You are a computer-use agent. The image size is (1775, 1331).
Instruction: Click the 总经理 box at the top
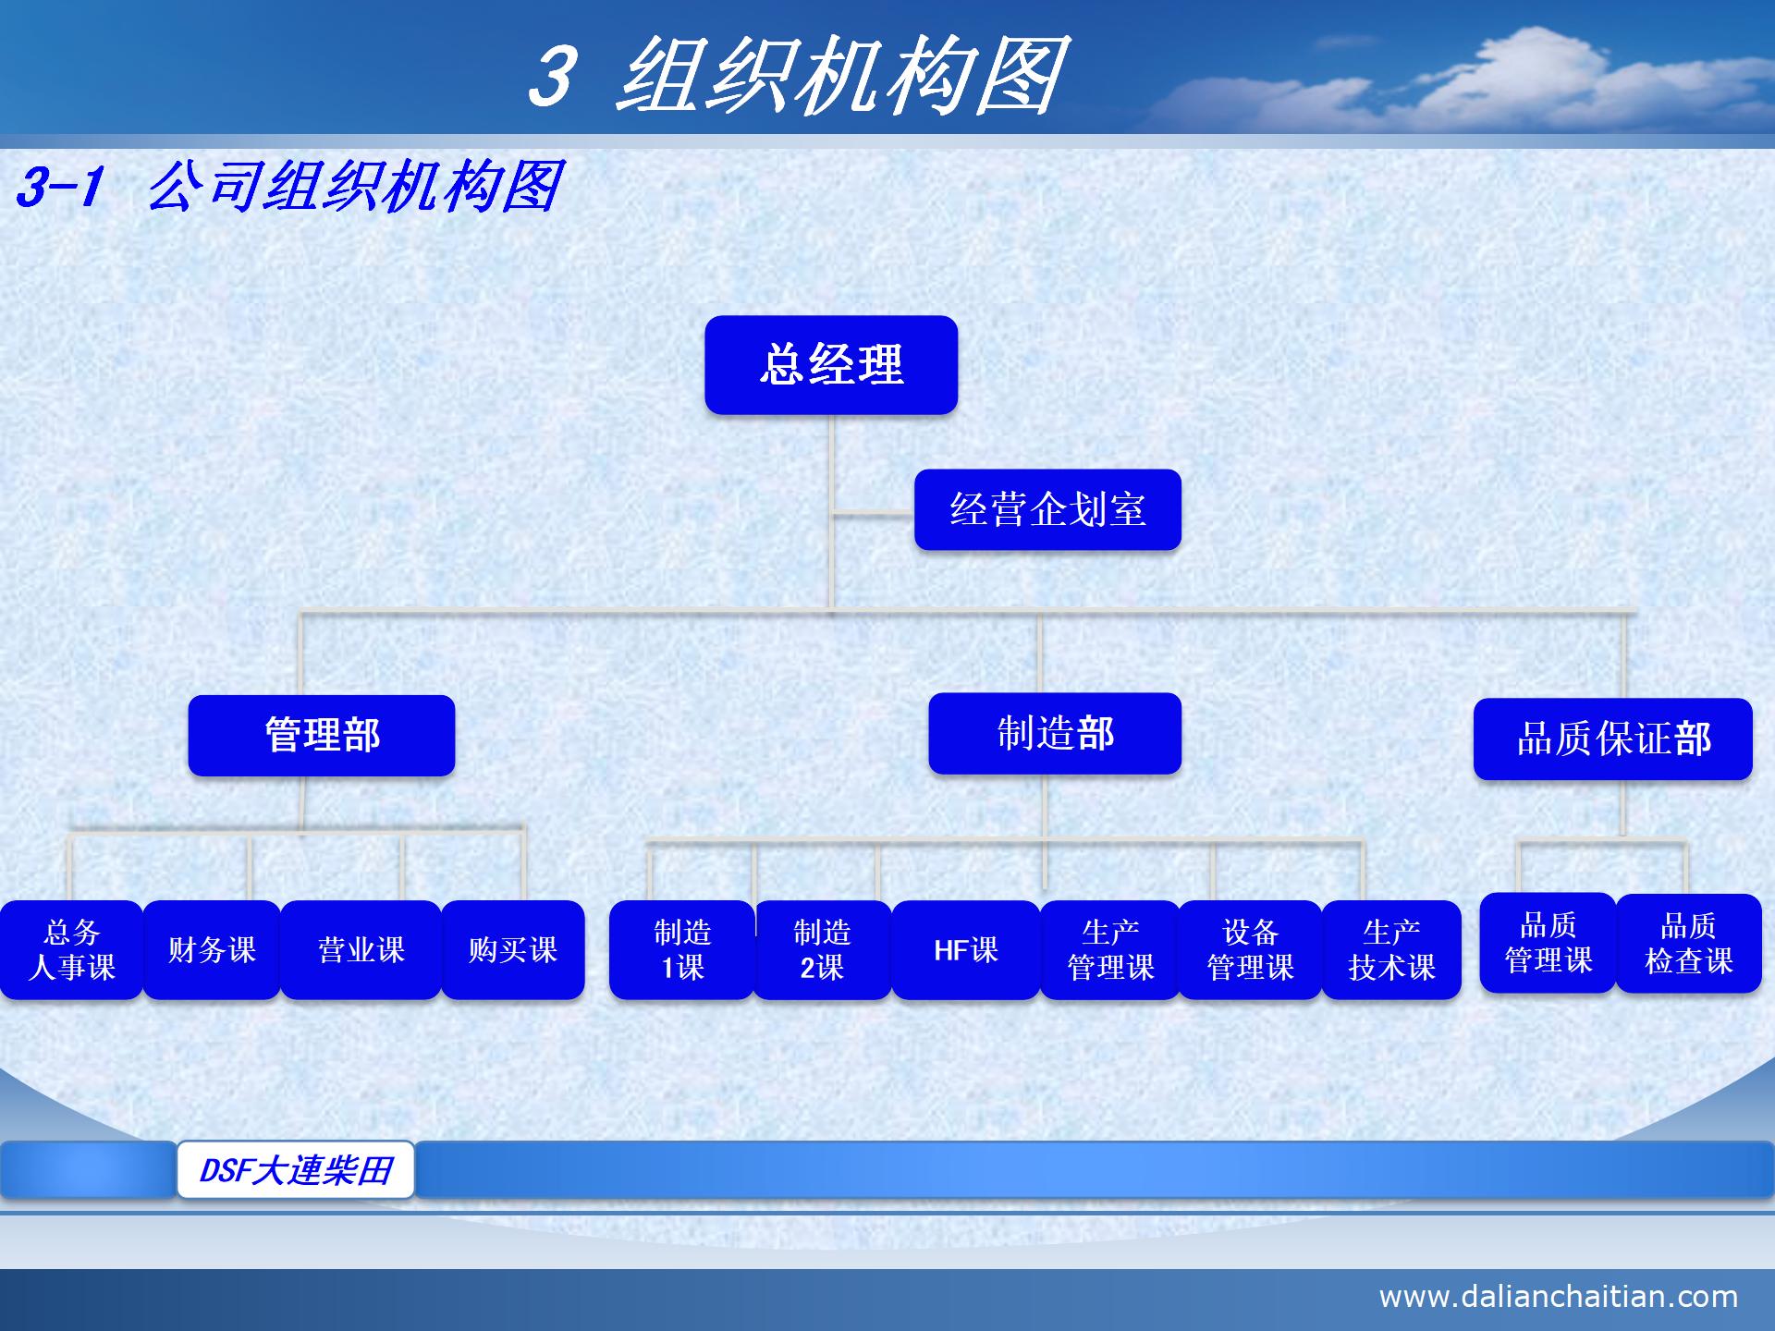click(x=830, y=364)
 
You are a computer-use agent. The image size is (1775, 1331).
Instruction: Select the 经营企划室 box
click(x=1047, y=509)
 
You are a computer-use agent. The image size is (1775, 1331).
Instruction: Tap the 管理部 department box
click(x=321, y=736)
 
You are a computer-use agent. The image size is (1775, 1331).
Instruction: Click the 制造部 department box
click(x=1055, y=734)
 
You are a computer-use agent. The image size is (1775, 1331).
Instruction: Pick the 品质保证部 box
click(x=1612, y=739)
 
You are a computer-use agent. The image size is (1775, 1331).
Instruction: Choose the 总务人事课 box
click(x=71, y=950)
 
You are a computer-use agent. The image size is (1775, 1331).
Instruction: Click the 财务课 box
click(x=212, y=950)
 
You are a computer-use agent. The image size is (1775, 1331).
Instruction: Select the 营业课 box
click(x=361, y=950)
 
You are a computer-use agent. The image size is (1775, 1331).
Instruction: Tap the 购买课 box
click(x=513, y=950)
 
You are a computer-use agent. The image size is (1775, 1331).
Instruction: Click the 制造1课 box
click(x=682, y=950)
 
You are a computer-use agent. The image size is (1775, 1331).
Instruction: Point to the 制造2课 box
click(x=822, y=950)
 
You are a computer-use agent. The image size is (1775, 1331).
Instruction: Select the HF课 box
click(x=966, y=950)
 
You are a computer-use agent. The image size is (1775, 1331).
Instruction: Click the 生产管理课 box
click(x=1110, y=950)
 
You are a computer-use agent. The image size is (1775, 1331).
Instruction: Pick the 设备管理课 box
click(x=1250, y=950)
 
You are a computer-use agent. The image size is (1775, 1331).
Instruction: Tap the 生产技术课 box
click(x=1391, y=950)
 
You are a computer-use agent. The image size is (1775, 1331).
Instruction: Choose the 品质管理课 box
click(x=1548, y=943)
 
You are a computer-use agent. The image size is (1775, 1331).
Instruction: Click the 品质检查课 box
click(x=1688, y=944)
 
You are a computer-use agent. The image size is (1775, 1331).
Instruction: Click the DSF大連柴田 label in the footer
click(x=296, y=1170)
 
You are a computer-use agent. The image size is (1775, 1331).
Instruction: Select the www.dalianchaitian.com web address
click(x=1558, y=1297)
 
